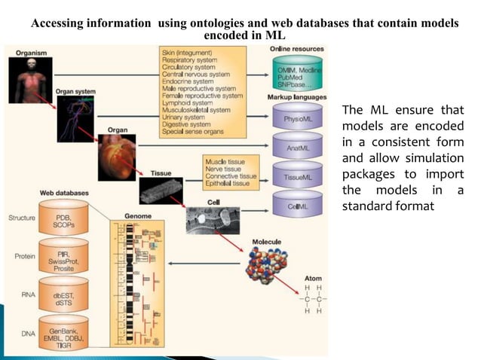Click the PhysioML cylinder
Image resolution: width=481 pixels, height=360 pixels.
click(294, 118)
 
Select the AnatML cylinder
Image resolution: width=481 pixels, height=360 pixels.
click(294, 148)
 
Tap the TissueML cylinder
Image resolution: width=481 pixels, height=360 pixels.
click(294, 177)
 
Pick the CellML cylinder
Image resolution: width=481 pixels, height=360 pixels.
click(294, 206)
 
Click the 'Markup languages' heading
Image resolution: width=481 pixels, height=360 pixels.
click(296, 98)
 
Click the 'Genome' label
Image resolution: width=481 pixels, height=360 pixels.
click(138, 215)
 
